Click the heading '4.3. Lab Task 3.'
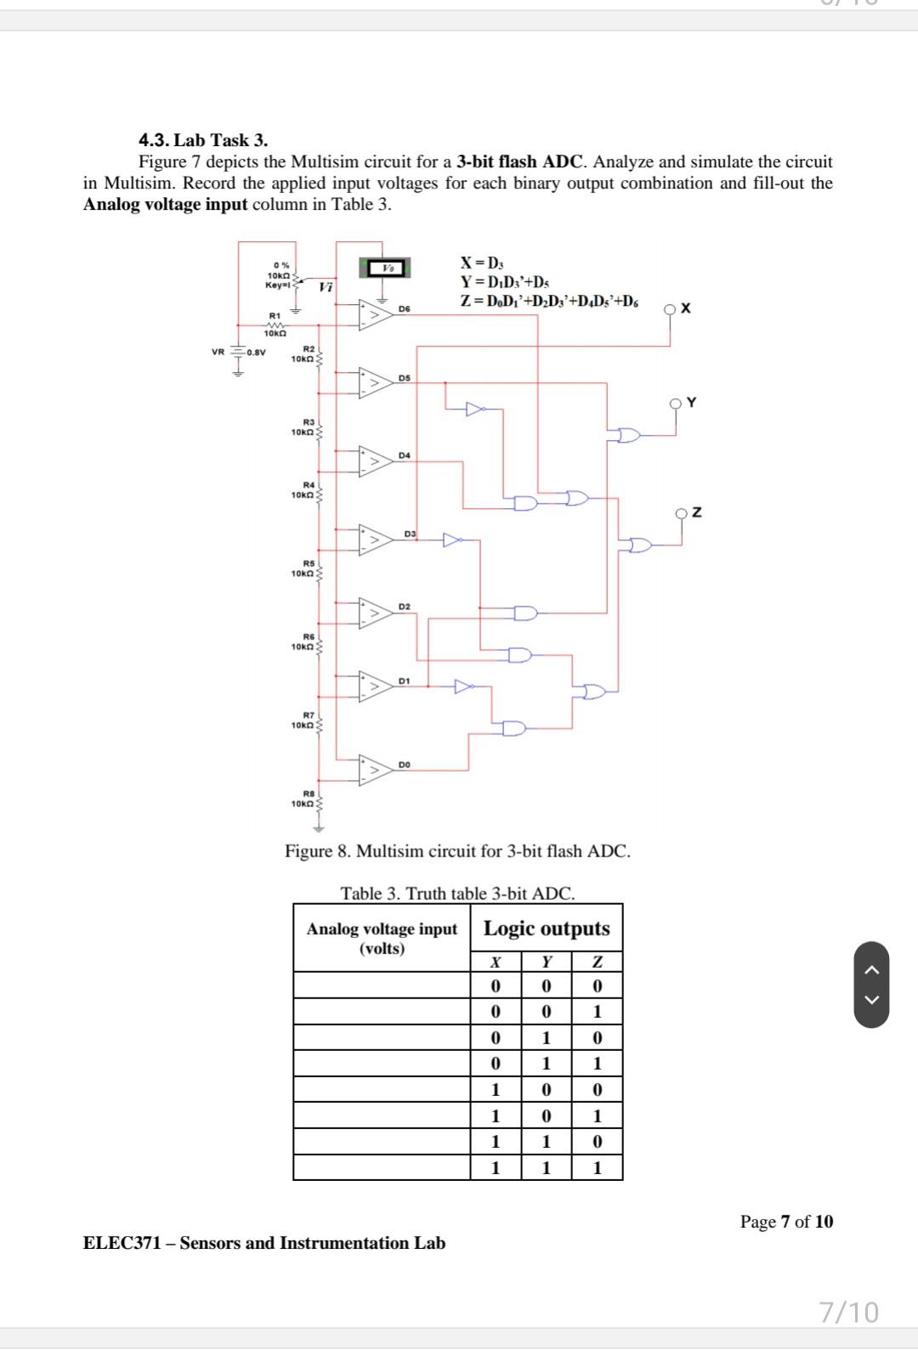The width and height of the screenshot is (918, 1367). pyautogui.click(x=203, y=140)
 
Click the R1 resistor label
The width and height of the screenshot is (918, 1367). pyautogui.click(x=275, y=316)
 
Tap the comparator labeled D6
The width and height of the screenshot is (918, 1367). pyautogui.click(x=375, y=314)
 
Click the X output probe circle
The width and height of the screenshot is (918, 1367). pyautogui.click(x=671, y=309)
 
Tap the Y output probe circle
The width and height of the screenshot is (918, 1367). pyautogui.click(x=677, y=404)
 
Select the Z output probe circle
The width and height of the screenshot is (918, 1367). pyautogui.click(x=682, y=513)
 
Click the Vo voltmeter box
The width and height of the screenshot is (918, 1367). pyautogui.click(x=387, y=268)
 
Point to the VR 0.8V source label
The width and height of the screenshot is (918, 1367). pyautogui.click(x=239, y=353)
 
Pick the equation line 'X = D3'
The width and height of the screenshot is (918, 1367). pyautogui.click(x=483, y=263)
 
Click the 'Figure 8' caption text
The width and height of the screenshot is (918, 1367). pyautogui.click(x=457, y=851)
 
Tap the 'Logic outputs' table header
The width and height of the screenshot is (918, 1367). pyautogui.click(x=547, y=929)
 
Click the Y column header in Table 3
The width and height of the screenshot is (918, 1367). pyautogui.click(x=547, y=962)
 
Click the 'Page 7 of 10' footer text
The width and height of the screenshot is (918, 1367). pyautogui.click(x=786, y=1222)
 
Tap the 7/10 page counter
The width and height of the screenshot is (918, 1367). pyautogui.click(x=849, y=1313)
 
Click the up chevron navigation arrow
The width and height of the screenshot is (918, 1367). pyautogui.click(x=871, y=969)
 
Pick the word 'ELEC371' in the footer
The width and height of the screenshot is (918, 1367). pyautogui.click(x=122, y=1243)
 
